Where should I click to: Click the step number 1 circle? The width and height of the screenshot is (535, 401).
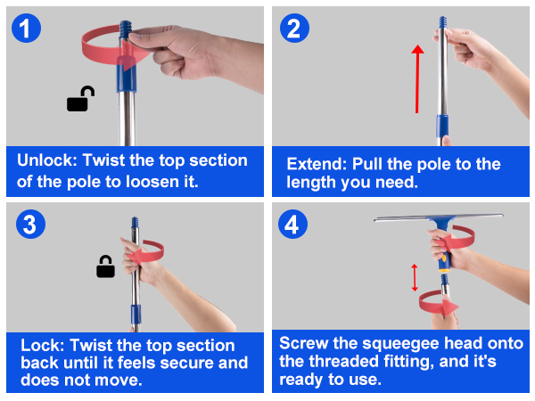[x=26, y=28]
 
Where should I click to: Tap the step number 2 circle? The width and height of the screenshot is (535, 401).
[x=294, y=28]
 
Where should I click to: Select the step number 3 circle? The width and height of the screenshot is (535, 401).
[x=30, y=224]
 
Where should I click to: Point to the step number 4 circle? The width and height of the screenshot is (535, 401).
[x=292, y=224]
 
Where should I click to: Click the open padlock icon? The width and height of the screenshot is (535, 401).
[x=80, y=99]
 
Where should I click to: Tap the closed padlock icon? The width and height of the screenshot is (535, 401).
[x=105, y=266]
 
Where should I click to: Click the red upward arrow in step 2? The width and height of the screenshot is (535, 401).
[x=417, y=78]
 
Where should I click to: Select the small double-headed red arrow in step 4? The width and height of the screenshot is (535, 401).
[x=415, y=277]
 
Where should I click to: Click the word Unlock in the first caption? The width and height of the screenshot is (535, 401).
[x=47, y=160]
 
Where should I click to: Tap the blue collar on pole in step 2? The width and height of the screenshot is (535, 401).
[x=442, y=126]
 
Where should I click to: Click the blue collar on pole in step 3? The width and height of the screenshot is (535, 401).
[x=136, y=315]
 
